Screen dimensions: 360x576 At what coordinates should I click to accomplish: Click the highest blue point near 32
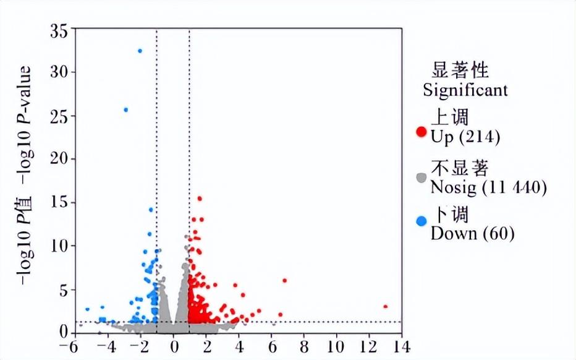(x=140, y=51)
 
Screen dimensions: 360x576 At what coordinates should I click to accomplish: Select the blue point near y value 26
(x=126, y=110)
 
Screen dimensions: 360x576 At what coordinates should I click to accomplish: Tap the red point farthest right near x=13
(x=385, y=306)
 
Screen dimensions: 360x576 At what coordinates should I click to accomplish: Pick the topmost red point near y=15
(x=200, y=199)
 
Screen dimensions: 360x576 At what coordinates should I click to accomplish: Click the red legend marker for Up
(x=421, y=132)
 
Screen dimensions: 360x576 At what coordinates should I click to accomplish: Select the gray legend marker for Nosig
(x=421, y=178)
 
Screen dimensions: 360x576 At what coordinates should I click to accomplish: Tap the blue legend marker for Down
(x=421, y=221)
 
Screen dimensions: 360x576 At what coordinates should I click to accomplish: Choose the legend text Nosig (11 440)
(x=488, y=186)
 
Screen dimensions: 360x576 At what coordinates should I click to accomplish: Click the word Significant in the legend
(x=465, y=90)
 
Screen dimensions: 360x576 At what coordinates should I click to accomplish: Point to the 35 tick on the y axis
(x=58, y=29)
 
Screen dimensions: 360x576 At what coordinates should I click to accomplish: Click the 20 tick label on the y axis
(x=58, y=160)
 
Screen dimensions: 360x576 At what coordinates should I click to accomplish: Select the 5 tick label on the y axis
(x=62, y=289)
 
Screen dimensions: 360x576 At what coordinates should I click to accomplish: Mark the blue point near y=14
(x=151, y=210)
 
